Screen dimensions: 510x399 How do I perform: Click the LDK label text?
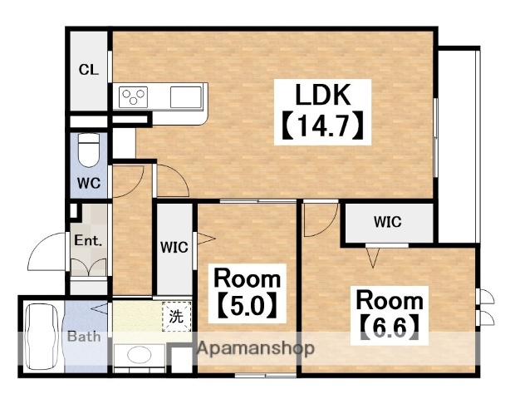[323, 95]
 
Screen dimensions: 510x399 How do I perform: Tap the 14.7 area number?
[322, 125]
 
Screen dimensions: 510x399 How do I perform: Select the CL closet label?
[89, 69]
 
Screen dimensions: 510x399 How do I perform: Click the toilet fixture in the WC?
[89, 150]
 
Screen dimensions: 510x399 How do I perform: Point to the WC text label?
[89, 183]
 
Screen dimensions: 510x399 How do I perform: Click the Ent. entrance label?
[88, 241]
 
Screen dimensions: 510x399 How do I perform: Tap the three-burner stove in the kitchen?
[133, 97]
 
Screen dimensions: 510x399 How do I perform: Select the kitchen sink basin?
[185, 97]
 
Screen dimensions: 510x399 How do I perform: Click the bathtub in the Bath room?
[42, 337]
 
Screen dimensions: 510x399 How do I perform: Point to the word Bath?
[84, 336]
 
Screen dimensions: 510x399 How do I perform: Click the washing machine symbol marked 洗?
[177, 317]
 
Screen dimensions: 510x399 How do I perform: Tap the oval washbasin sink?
[140, 355]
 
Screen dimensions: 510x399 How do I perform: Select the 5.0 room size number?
[247, 306]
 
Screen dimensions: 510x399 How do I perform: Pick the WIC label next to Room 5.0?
[174, 248]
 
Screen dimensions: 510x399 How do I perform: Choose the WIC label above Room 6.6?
[388, 222]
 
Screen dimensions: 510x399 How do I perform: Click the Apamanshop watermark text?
[256, 348]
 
